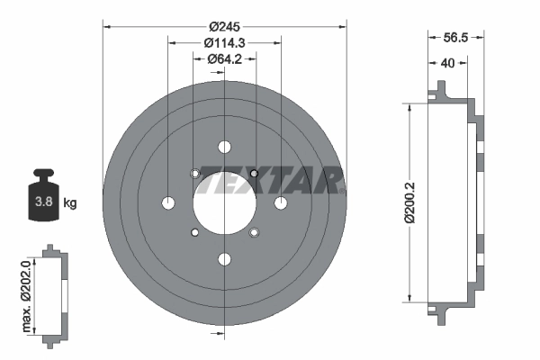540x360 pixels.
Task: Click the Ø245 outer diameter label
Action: pyautogui.click(x=223, y=26)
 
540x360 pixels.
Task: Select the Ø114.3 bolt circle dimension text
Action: pyautogui.click(x=223, y=42)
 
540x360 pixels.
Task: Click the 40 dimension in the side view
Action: pyautogui.click(x=447, y=64)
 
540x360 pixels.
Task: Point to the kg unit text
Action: pyautogui.click(x=70, y=202)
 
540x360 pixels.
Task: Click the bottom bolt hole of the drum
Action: pyautogui.click(x=223, y=260)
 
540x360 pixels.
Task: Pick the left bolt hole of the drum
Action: pyautogui.click(x=166, y=202)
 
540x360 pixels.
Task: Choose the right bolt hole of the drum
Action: pyautogui.click(x=281, y=202)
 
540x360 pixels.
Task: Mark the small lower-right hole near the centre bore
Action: pyautogui.click(x=254, y=233)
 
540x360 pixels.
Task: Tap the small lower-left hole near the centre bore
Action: pyautogui.click(x=193, y=233)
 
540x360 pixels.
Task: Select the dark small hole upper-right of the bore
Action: pyautogui.click(x=254, y=173)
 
